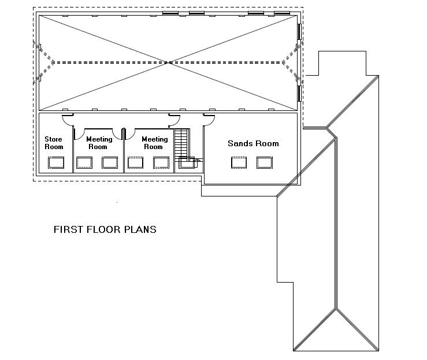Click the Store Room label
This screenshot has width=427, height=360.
pyautogui.click(x=54, y=143)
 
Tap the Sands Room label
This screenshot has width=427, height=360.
pyautogui.click(x=253, y=143)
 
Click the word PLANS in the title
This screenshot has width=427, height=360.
pyautogui.click(x=140, y=229)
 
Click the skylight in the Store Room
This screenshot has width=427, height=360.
pyautogui.click(x=56, y=163)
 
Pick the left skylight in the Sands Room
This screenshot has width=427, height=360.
pyautogui.click(x=239, y=162)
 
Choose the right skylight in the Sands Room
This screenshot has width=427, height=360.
pyautogui.click(x=265, y=162)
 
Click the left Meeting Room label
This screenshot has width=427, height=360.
pyautogui.click(x=99, y=143)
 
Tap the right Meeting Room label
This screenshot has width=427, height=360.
pyautogui.click(x=154, y=143)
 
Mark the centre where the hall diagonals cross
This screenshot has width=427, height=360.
pyautogui.click(x=168, y=62)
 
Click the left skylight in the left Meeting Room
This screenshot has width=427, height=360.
pyautogui.click(x=84, y=163)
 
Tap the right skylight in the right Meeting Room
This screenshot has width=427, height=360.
pyautogui.click(x=161, y=163)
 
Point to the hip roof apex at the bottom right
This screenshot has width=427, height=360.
pyautogui.click(x=336, y=308)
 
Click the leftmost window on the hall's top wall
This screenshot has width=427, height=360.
pyautogui.click(x=170, y=13)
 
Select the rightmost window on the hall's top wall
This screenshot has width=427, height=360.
pyautogui.click(x=282, y=13)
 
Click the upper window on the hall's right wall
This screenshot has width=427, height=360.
pyautogui.click(x=299, y=32)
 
